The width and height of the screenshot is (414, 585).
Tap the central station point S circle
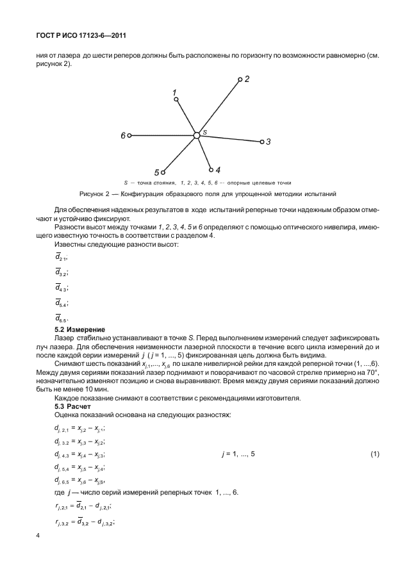click(x=197, y=135)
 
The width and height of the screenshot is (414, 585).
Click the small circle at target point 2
click(x=240, y=80)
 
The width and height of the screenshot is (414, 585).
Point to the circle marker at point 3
click(x=262, y=142)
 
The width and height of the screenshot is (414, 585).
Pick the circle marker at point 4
click(x=211, y=170)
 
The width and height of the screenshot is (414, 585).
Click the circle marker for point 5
click(x=163, y=172)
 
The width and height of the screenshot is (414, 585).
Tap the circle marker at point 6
click(x=129, y=135)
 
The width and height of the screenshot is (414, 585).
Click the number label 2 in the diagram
click(x=247, y=79)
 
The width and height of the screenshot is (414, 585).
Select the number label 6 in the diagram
click(x=122, y=136)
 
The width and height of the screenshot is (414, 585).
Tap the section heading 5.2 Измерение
click(x=81, y=329)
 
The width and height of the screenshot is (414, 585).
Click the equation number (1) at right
click(x=374, y=454)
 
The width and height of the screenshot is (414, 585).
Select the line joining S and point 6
click(x=163, y=135)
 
